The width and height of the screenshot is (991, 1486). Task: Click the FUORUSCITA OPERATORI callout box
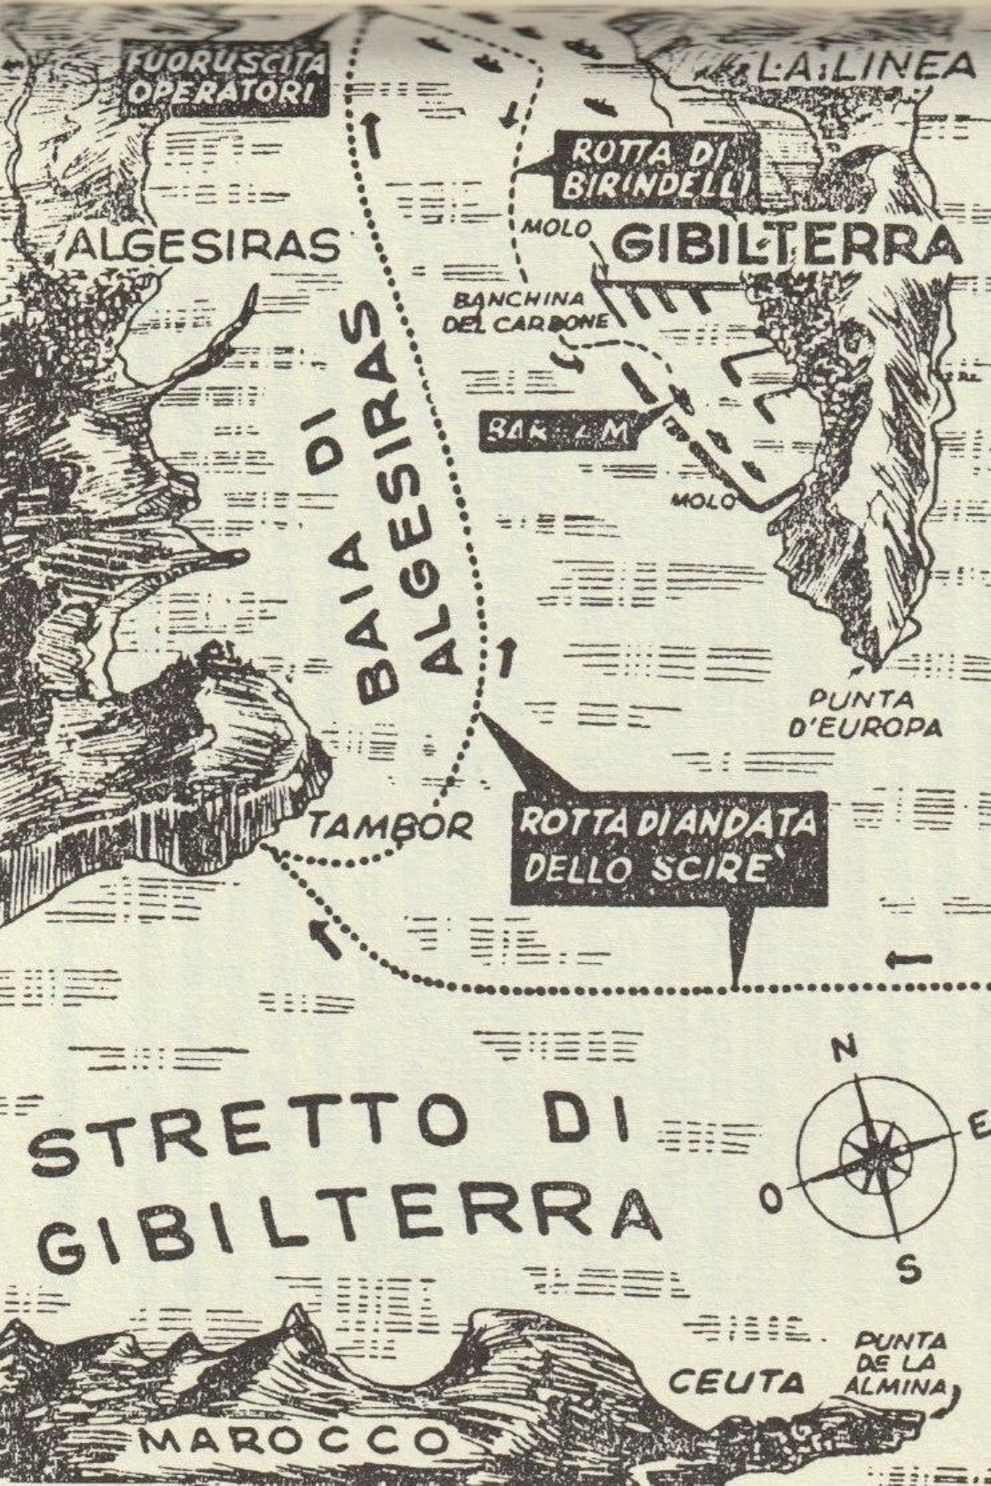click(225, 79)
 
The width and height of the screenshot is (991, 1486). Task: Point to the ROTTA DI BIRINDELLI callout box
click(657, 170)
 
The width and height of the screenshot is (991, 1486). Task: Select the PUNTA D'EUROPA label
click(864, 714)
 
